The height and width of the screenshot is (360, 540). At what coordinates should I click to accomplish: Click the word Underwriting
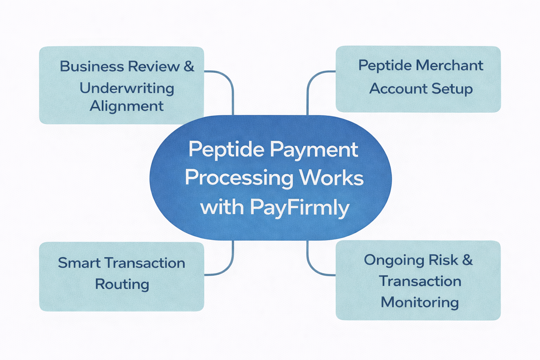click(127, 88)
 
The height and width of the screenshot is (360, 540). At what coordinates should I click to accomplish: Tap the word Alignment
click(127, 106)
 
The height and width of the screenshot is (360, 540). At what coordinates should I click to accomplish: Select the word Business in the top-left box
click(92, 66)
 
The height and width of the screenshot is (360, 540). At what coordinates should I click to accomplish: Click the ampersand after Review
click(189, 66)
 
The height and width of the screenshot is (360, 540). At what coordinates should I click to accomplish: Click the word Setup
click(452, 89)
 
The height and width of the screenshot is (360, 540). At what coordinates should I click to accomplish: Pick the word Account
click(398, 89)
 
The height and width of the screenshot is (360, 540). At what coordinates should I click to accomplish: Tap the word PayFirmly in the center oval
click(300, 207)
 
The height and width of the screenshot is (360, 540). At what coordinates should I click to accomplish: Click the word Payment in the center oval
click(314, 150)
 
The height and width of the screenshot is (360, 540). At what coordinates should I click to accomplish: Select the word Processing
click(239, 178)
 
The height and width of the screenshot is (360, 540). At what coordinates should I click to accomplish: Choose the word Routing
click(122, 284)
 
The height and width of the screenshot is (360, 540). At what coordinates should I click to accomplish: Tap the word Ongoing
click(391, 260)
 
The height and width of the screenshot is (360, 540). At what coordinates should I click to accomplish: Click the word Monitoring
click(420, 302)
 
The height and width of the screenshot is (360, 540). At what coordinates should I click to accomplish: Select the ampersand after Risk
click(467, 260)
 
